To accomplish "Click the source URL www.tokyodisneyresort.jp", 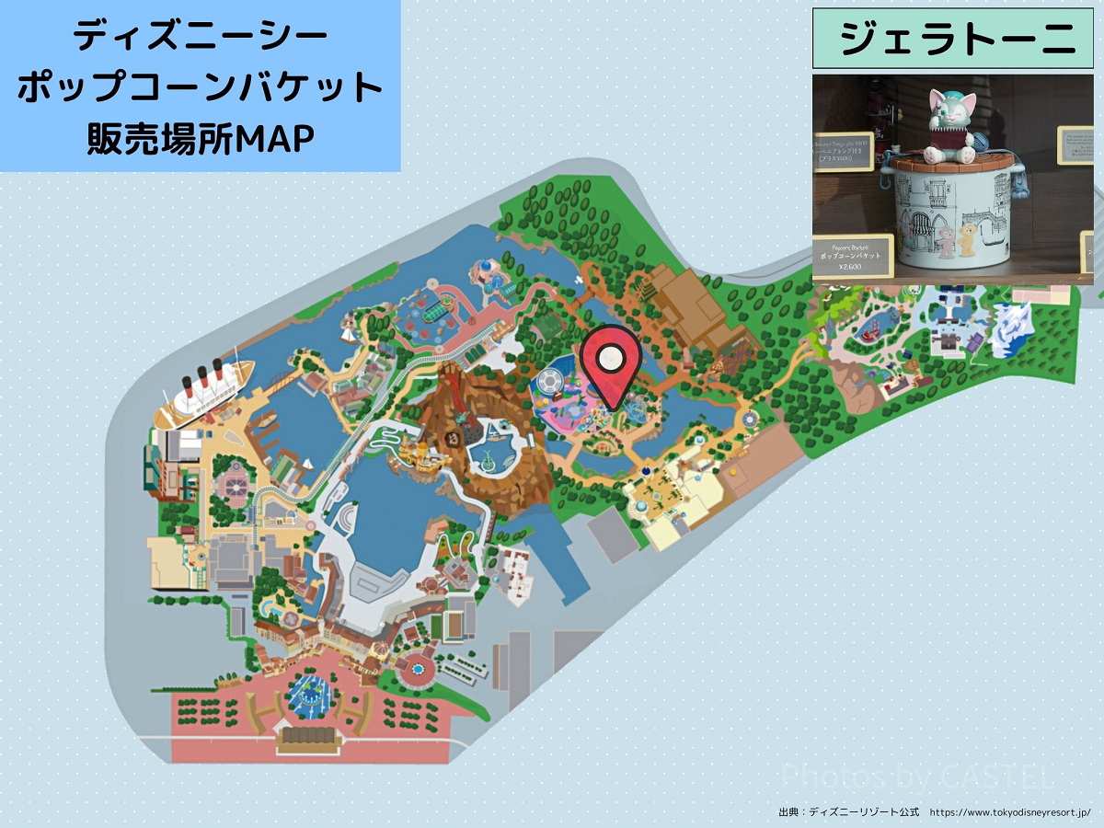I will [x=1009, y=813].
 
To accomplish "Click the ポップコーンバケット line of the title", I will [x=200, y=89].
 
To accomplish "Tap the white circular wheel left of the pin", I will [x=549, y=381].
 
